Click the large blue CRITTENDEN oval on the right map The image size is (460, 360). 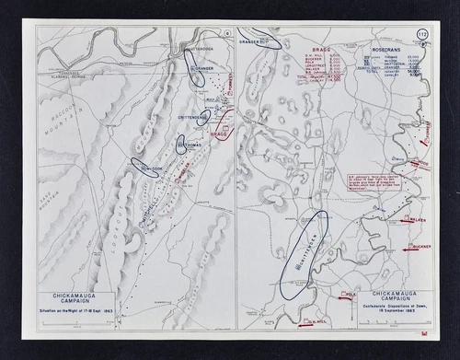(x=304, y=252)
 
